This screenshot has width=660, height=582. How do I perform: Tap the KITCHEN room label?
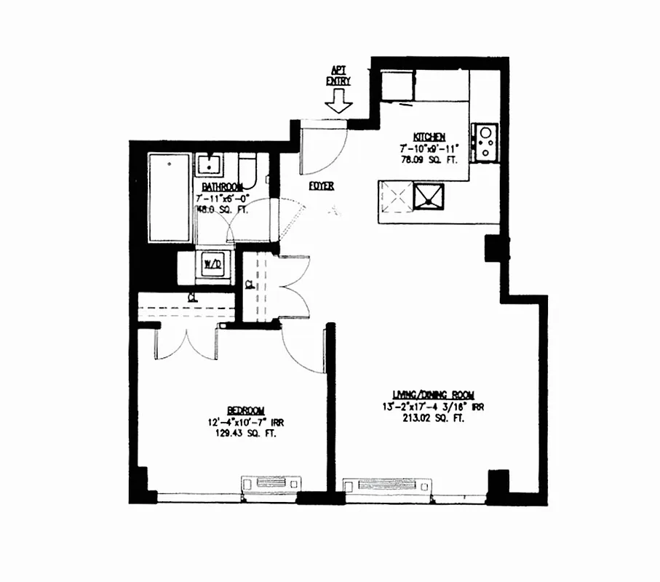tap(429, 137)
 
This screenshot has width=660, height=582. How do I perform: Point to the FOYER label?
tap(321, 186)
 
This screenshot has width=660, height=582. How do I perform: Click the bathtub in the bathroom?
tap(169, 198)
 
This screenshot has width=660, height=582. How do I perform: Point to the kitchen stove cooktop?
tap(485, 143)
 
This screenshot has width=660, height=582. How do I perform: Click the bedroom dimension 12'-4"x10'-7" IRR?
tap(244, 422)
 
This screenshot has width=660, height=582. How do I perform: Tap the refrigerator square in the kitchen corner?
tap(397, 86)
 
